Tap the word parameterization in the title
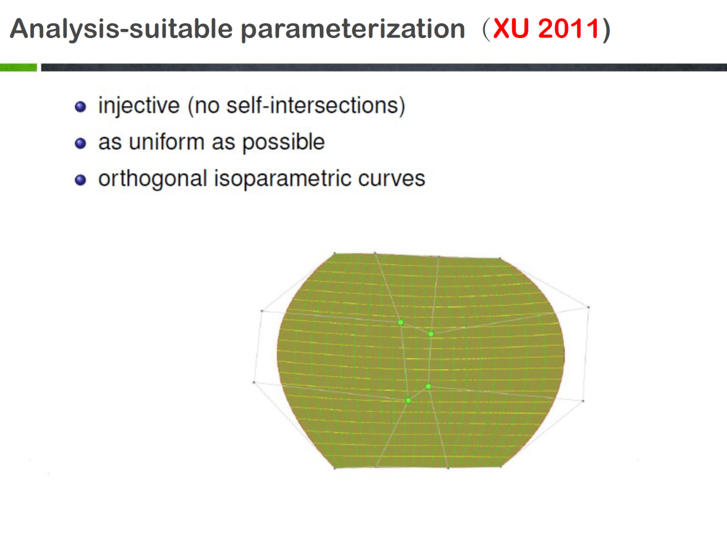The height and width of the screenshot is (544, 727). pyautogui.click(x=353, y=30)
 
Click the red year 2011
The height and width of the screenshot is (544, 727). pyautogui.click(x=569, y=28)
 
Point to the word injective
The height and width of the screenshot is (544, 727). pyautogui.click(x=139, y=106)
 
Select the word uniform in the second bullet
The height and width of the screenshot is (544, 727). pyautogui.click(x=166, y=142)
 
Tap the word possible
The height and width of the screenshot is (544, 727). pyautogui.click(x=283, y=143)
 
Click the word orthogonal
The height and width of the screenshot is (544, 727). pyautogui.click(x=153, y=179)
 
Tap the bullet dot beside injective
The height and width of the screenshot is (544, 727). pyautogui.click(x=81, y=107)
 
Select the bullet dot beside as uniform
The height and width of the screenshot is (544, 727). pyautogui.click(x=81, y=143)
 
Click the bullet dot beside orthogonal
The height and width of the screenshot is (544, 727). pyautogui.click(x=81, y=180)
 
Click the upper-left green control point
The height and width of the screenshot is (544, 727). pyautogui.click(x=401, y=323)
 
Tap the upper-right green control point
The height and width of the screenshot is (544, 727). pyautogui.click(x=431, y=334)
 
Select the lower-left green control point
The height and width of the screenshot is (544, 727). pyautogui.click(x=408, y=400)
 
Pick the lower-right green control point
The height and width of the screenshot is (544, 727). pyautogui.click(x=428, y=386)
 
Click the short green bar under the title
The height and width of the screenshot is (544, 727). pyautogui.click(x=19, y=67)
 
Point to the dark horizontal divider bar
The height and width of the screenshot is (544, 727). pyautogui.click(x=384, y=67)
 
